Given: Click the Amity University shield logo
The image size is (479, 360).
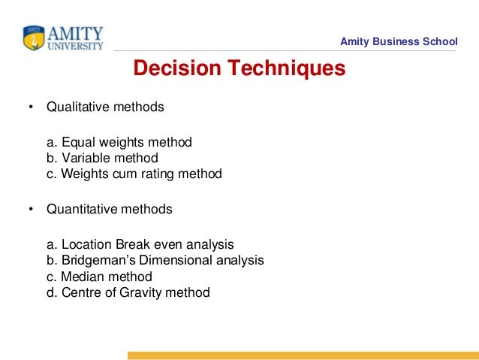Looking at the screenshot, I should [34, 38].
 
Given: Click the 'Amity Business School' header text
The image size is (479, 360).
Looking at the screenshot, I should [398, 41].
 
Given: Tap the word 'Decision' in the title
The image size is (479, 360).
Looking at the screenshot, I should [178, 69].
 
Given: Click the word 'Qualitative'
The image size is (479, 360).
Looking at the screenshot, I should [77, 107].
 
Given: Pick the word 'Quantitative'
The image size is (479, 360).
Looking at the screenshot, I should [81, 210].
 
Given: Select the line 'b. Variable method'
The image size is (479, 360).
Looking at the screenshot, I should [102, 158].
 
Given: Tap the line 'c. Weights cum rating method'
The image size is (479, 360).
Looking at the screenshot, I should [134, 174].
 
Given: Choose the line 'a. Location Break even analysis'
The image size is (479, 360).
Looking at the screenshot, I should [140, 244].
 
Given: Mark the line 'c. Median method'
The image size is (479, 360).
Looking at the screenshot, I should [99, 277].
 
